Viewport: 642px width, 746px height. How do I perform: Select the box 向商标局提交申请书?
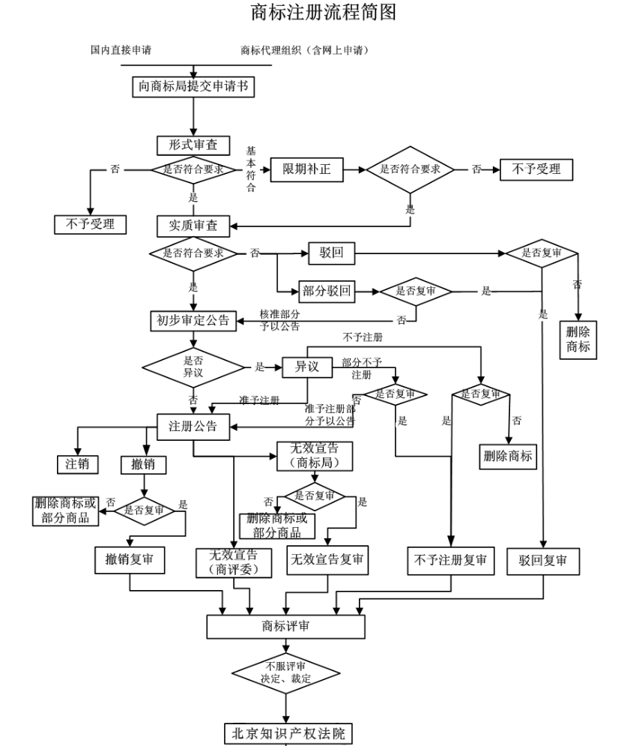193,87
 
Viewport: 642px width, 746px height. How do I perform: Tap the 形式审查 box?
193,145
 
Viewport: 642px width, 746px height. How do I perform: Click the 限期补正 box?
306,169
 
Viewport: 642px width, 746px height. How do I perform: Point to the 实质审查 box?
193,225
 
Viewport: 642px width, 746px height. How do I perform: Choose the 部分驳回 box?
327,290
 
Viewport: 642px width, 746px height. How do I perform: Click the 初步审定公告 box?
193,320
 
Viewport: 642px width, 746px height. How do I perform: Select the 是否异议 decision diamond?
193,367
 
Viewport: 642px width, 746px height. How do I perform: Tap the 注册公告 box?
193,426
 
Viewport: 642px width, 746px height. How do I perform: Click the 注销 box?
77,464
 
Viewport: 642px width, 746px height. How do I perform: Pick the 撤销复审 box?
130,559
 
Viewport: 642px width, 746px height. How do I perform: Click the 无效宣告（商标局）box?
314,456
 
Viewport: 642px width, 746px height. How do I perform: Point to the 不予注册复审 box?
451,560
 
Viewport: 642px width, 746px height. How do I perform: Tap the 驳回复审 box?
542,560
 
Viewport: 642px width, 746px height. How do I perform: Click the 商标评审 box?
285,626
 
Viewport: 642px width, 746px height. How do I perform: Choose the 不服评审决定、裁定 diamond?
285,672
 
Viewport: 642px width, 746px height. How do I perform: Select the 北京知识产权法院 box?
288,733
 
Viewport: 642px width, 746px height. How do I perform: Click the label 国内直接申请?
121,50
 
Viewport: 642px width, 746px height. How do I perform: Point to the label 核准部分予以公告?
280,320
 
